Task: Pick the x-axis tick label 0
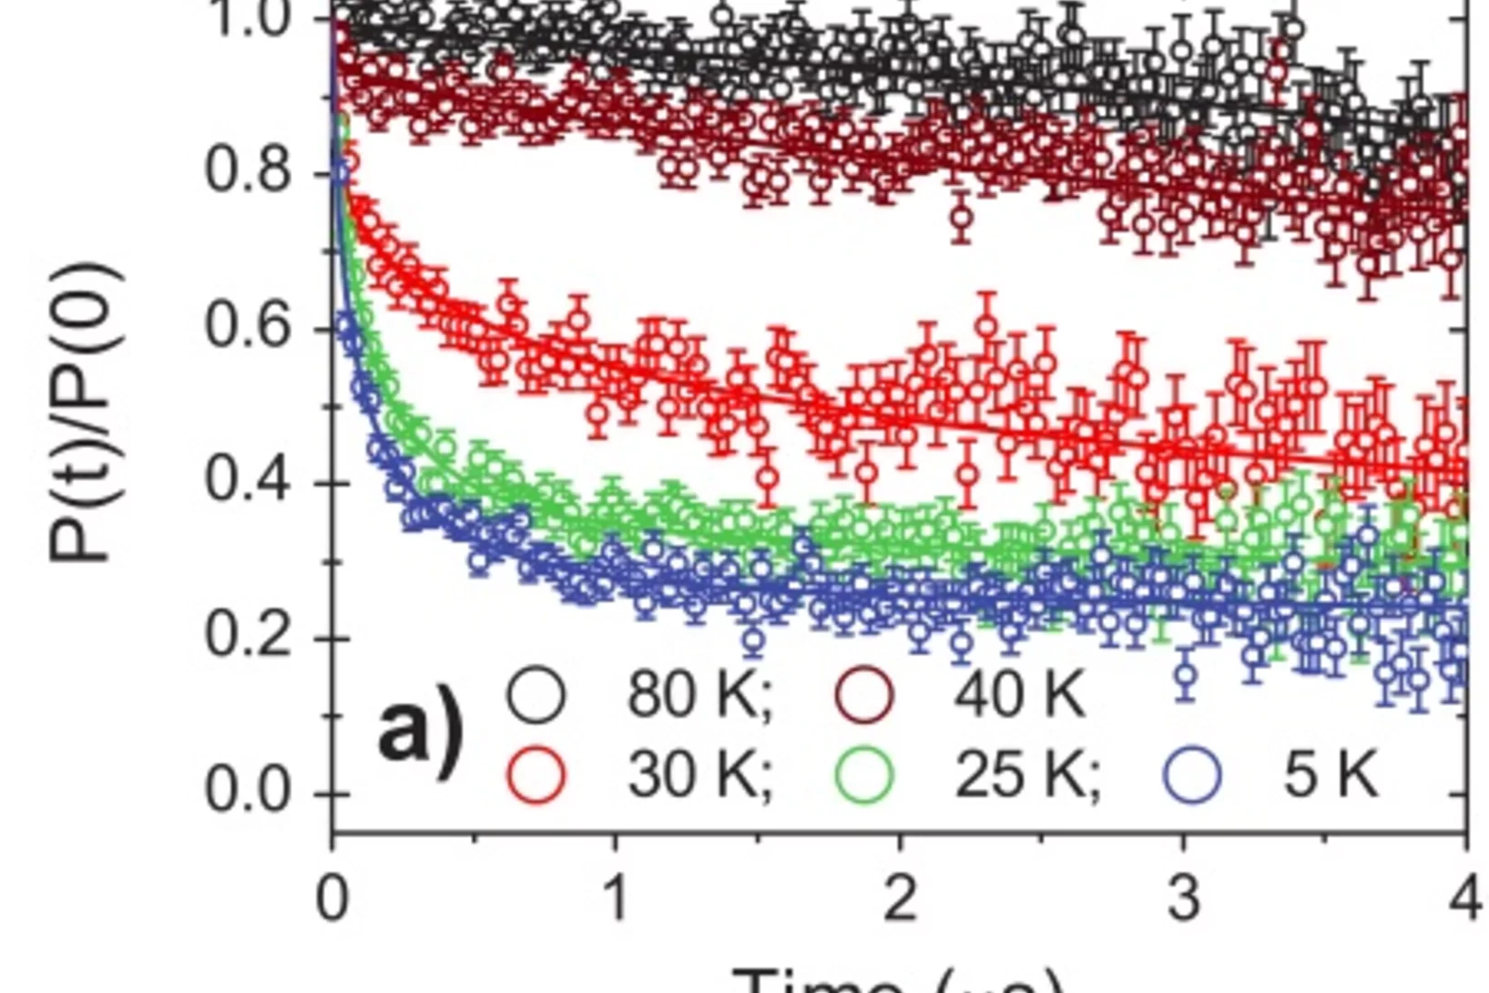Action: (332, 898)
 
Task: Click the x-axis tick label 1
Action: (617, 898)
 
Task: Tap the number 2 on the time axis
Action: (900, 898)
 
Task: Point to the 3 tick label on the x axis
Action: (1183, 898)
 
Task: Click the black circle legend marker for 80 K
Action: (536, 694)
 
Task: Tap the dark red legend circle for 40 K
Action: (864, 694)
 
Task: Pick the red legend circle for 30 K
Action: (536, 775)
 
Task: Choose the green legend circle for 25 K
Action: (864, 775)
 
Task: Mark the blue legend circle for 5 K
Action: (1192, 775)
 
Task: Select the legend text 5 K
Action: (1331, 776)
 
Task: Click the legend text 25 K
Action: (1027, 776)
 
